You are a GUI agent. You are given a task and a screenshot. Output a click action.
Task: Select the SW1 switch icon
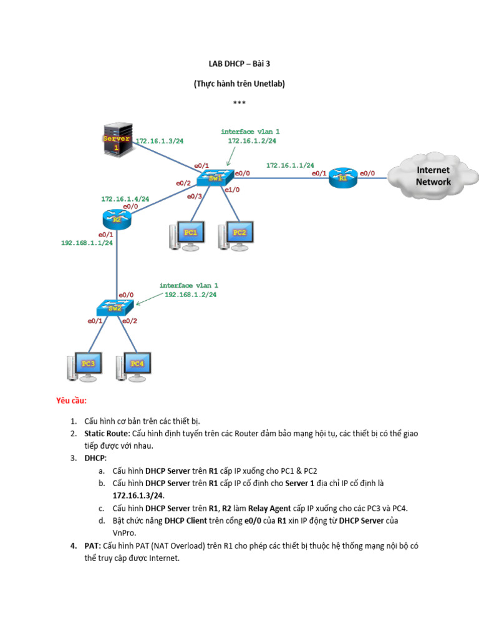(215, 178)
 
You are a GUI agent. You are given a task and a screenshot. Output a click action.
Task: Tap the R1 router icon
(342, 178)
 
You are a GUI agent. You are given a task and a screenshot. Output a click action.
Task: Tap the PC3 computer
(84, 367)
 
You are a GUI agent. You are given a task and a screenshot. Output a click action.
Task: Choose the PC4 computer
(133, 367)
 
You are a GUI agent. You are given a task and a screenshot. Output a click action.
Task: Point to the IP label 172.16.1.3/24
(160, 141)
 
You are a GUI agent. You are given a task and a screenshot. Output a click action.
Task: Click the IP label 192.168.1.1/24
(87, 243)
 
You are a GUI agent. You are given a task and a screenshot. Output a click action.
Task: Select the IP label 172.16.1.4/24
(125, 199)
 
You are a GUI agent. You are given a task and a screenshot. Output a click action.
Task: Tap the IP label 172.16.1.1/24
(290, 165)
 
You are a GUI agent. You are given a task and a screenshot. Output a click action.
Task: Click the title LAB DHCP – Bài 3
(239, 63)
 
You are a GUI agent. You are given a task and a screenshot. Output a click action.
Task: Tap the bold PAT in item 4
(92, 545)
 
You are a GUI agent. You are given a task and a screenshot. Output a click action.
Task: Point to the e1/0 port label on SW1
(231, 189)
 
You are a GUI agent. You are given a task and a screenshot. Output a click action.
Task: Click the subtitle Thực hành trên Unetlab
(239, 83)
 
